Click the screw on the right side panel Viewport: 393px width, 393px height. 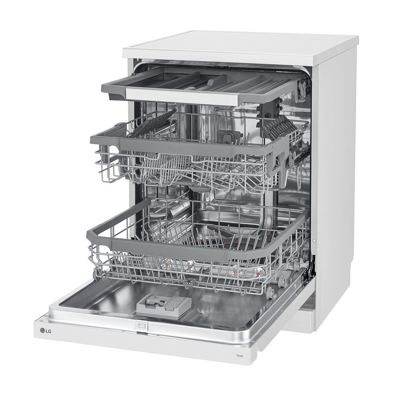(x=314, y=241)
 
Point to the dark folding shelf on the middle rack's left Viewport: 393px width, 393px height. (x=153, y=123)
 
